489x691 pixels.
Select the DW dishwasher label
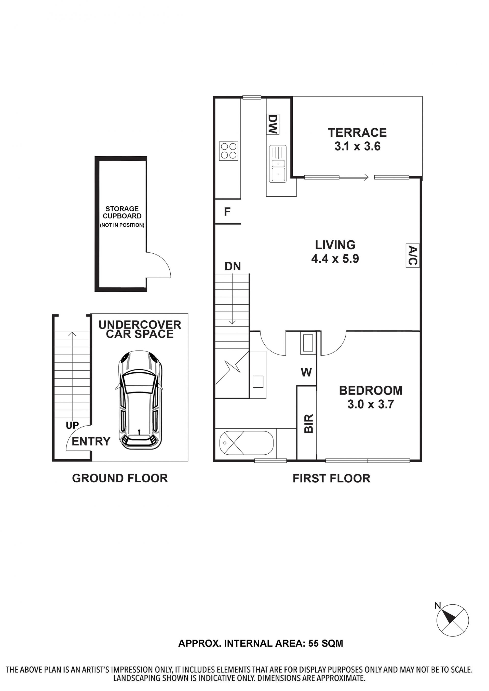click(273, 124)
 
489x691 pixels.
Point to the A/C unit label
click(413, 256)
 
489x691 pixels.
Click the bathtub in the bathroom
click(247, 443)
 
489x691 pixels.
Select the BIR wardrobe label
click(309, 424)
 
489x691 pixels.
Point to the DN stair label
click(233, 266)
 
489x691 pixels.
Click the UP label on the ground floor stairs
click(72, 425)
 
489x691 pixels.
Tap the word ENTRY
click(91, 441)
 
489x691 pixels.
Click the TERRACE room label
click(357, 132)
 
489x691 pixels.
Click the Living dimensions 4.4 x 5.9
click(335, 259)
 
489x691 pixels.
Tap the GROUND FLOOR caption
click(120, 478)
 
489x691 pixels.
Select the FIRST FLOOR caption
click(332, 478)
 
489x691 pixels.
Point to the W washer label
click(306, 373)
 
